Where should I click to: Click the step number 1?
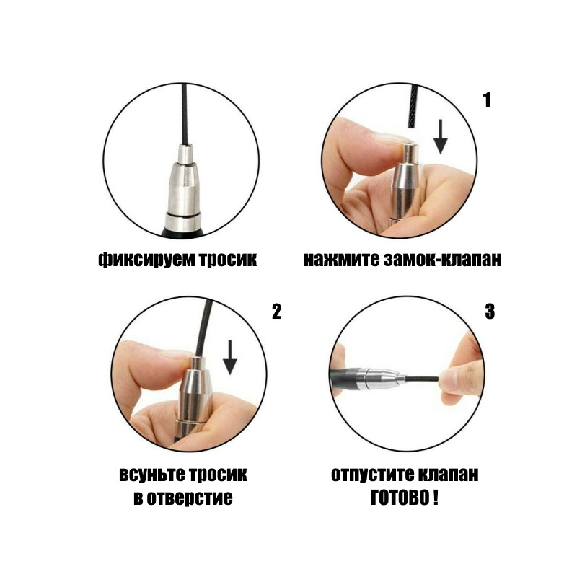487,100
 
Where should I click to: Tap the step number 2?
276,312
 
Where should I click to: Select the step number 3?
490,312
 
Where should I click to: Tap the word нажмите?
341,259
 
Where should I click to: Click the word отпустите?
371,475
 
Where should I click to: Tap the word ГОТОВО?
400,498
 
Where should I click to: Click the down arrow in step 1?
440,136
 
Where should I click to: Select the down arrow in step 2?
230,357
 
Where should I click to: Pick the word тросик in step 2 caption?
218,475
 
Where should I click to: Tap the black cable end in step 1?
413,107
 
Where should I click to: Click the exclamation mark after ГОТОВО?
436,498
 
